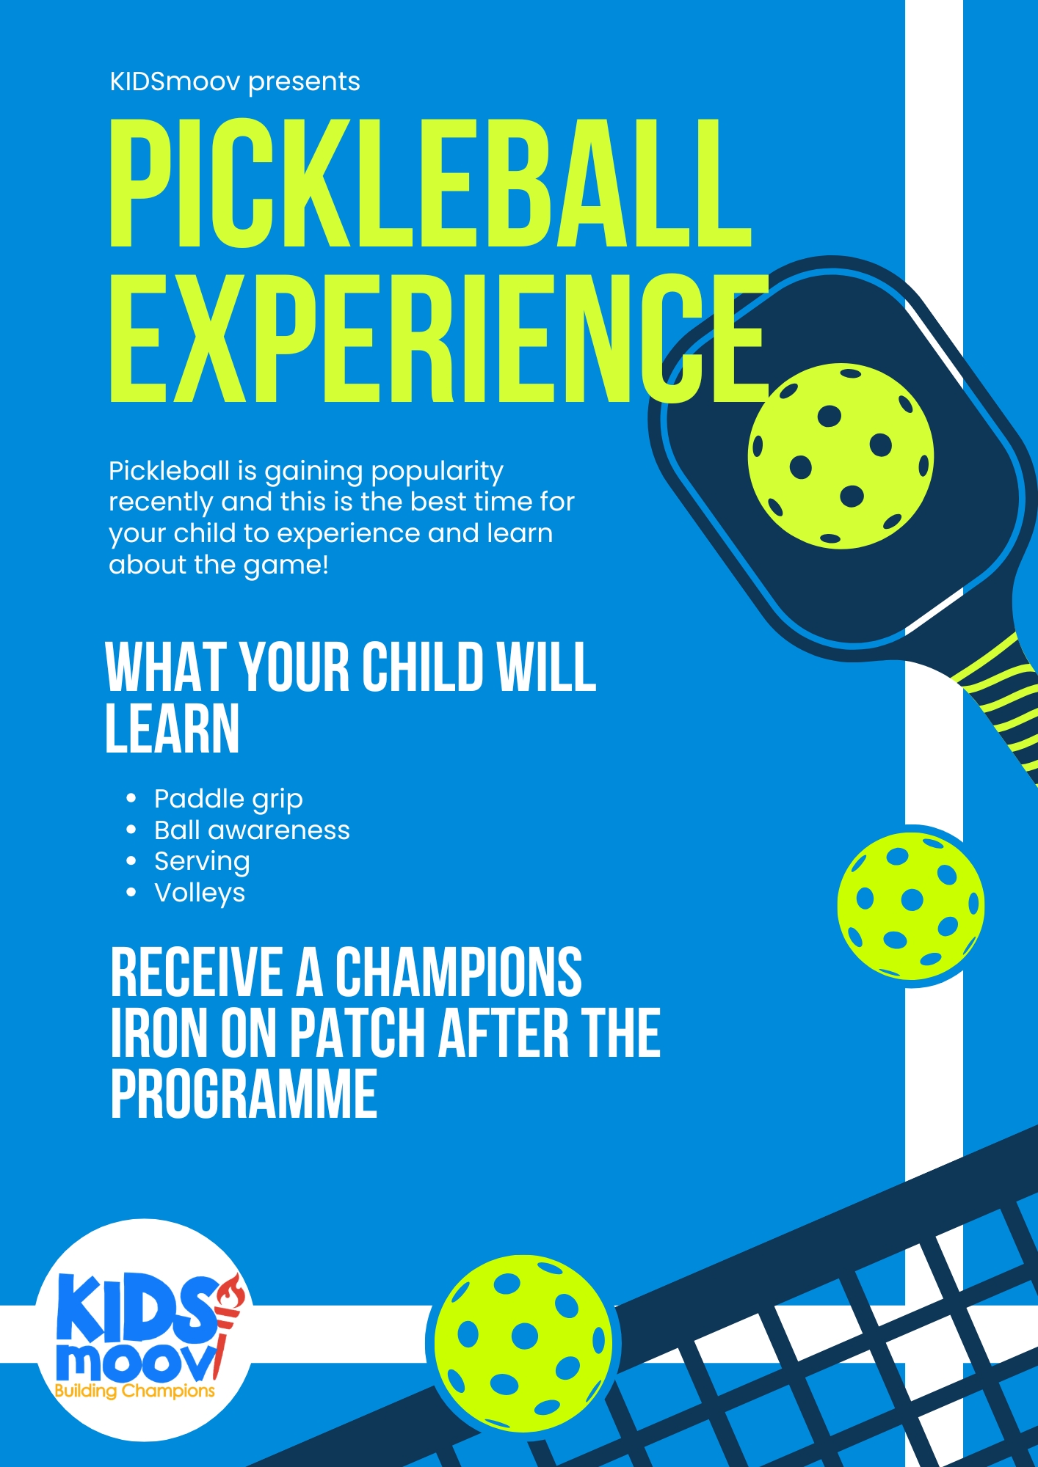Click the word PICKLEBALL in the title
pyautogui.click(x=431, y=183)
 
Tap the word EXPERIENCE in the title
pyautogui.click(x=439, y=339)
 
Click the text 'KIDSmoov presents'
pyautogui.click(x=235, y=82)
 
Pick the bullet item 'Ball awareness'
pyautogui.click(x=252, y=830)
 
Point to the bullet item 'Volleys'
pyautogui.click(x=200, y=893)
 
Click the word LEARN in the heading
pyautogui.click(x=173, y=728)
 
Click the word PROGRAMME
pyautogui.click(x=244, y=1094)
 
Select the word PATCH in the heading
pyautogui.click(x=358, y=1033)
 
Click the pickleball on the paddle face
pyautogui.click(x=841, y=456)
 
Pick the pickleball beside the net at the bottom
pyautogui.click(x=523, y=1344)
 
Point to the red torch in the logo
pyautogui.click(x=226, y=1317)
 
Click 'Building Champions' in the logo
pyautogui.click(x=135, y=1391)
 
